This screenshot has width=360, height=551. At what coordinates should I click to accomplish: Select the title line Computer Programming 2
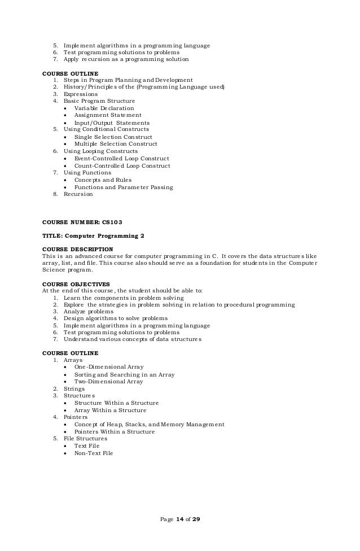(x=88, y=235)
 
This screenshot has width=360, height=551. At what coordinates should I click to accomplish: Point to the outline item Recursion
(x=78, y=194)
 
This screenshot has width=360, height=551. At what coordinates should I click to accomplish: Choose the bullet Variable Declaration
(x=104, y=108)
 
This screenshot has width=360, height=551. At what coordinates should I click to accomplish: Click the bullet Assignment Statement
(x=108, y=115)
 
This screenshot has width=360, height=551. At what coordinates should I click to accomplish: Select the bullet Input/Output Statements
(x=112, y=123)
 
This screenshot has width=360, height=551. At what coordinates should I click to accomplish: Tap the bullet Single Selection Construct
(x=113, y=137)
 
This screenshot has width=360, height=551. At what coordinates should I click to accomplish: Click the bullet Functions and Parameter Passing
(x=124, y=187)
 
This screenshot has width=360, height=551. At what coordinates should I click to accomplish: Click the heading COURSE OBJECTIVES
(x=76, y=284)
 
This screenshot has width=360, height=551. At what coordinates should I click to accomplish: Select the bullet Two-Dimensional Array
(x=108, y=382)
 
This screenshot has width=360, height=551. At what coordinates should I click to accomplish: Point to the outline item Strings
(x=74, y=388)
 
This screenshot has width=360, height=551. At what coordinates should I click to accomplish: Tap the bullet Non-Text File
(x=94, y=453)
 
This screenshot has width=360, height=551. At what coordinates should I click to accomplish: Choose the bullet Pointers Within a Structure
(x=115, y=432)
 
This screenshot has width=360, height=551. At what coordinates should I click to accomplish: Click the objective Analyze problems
(x=89, y=312)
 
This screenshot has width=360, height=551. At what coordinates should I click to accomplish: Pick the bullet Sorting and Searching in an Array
(x=124, y=374)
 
